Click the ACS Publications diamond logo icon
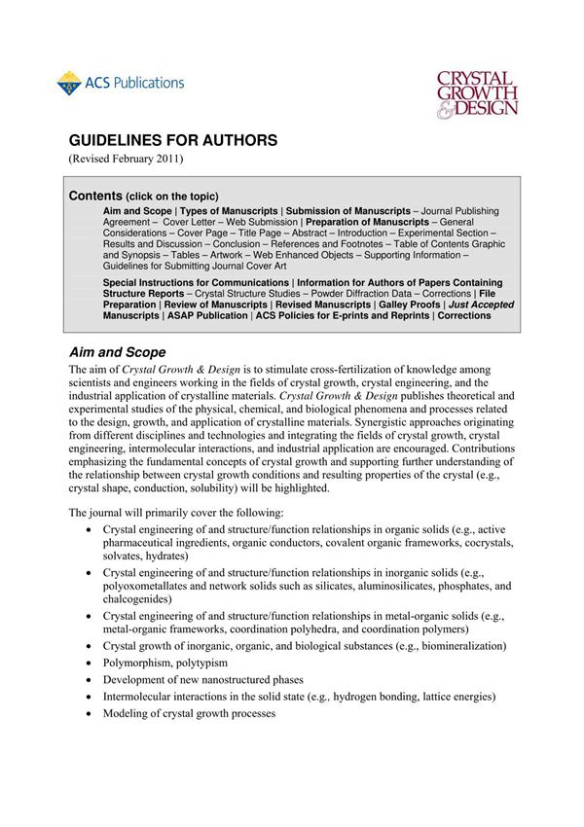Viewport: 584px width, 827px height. coord(68,84)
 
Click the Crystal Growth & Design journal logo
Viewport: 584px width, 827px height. coord(476,92)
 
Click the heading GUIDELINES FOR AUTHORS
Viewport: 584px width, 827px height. coord(172,140)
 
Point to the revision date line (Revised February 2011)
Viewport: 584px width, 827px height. coord(126,159)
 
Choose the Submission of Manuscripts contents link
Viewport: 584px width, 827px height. coord(348,210)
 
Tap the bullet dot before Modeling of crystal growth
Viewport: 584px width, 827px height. coord(90,714)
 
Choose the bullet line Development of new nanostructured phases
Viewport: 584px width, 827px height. coord(202,679)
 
